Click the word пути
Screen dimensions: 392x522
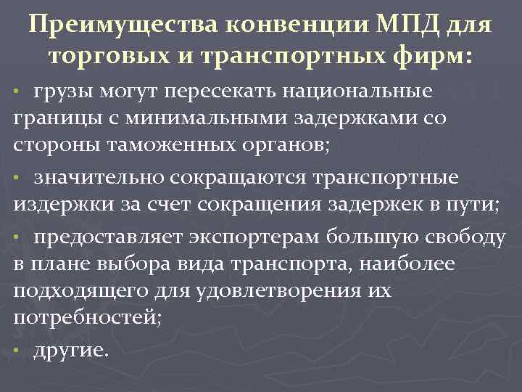pos(473,204)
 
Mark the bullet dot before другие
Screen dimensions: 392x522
pos(17,352)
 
